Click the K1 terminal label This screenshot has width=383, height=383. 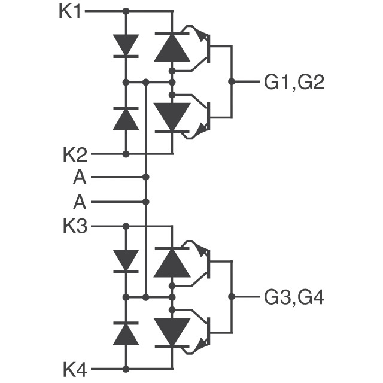70,11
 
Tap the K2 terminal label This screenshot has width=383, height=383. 75,154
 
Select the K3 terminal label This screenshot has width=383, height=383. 75,226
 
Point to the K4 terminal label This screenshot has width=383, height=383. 75,370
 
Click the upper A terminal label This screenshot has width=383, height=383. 80,177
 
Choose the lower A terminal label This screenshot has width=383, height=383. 80,202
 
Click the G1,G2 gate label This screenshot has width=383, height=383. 294,83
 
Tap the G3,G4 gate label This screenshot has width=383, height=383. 294,297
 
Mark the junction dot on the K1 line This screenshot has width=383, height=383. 126,11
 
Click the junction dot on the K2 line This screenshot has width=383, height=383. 126,154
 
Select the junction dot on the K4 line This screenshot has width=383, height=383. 126,369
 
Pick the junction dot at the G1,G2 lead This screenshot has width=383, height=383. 232,81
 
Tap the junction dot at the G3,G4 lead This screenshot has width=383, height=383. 232,297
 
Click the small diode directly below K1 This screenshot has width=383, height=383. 126,46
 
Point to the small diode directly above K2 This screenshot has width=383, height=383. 126,118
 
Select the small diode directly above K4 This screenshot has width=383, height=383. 126,333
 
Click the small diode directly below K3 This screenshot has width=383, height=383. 126,261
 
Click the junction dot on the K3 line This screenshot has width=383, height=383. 126,226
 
